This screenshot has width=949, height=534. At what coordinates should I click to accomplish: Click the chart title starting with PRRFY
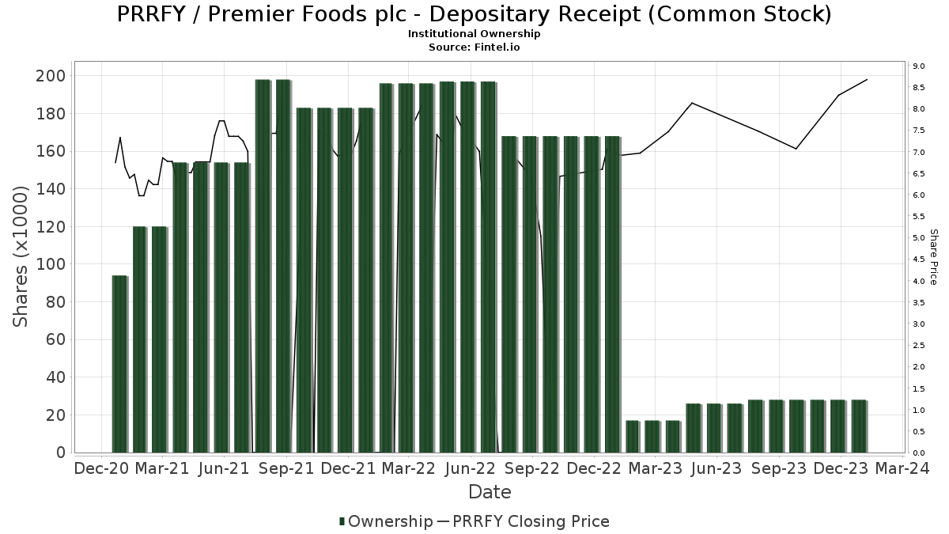coord(474,14)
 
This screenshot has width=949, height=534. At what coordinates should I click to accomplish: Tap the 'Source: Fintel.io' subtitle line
coord(474,47)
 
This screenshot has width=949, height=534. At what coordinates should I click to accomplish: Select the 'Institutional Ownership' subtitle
coord(474,34)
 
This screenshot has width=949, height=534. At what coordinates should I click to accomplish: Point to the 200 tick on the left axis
coord(51,76)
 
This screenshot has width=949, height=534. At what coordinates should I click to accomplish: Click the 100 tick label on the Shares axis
coord(51,264)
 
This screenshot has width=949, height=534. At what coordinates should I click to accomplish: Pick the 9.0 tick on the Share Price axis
coord(919,66)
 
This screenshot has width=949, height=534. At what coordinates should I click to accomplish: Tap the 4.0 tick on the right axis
coord(919,281)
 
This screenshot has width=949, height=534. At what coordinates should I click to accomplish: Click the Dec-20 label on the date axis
coord(100,468)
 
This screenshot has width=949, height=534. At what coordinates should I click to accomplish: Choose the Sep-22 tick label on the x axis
coord(532,468)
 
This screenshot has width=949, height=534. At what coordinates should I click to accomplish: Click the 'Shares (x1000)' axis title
coord(21,256)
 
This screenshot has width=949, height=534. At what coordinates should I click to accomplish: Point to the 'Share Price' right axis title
coord(933,256)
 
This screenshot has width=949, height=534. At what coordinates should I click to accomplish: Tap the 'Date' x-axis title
coord(490,492)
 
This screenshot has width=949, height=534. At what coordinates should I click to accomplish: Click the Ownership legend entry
coord(386,521)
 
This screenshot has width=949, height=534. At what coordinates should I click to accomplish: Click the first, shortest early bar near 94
coord(119,364)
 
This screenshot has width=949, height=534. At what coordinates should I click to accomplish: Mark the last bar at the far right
coord(859,426)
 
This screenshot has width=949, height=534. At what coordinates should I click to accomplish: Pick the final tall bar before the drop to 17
coord(612,294)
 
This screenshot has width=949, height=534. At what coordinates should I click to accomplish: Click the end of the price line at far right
coord(868,79)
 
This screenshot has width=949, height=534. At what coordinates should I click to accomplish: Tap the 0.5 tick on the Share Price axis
coord(919,431)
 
